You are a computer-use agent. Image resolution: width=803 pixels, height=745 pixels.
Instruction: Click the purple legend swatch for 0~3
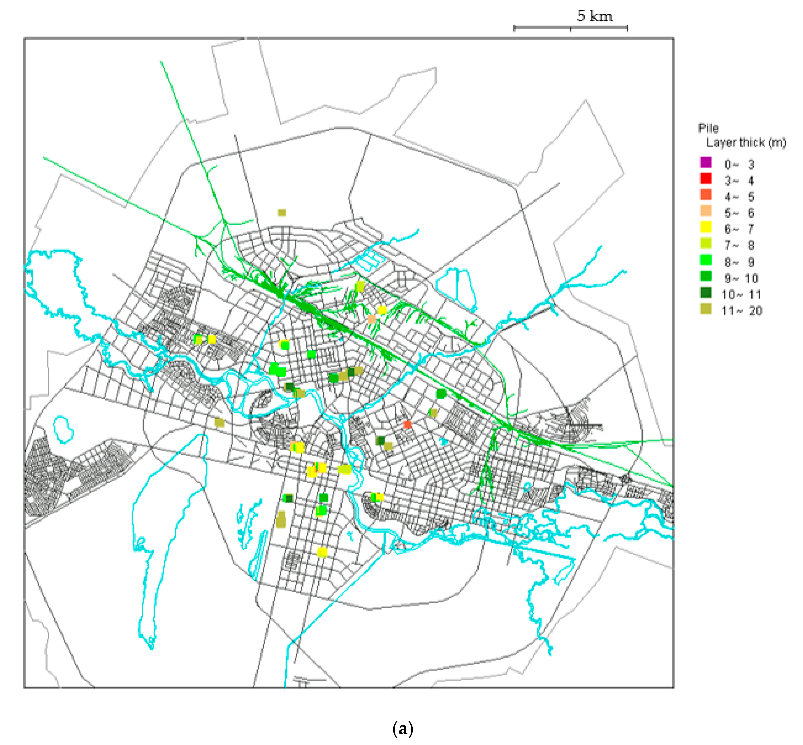click(705, 163)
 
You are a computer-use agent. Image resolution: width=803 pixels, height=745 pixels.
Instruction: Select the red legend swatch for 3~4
click(705, 179)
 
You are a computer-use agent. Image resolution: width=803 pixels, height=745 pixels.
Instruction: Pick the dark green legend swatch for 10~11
click(705, 293)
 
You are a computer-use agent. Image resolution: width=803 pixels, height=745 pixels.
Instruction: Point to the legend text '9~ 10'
click(741, 278)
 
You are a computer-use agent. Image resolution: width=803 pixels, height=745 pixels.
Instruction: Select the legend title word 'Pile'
click(708, 128)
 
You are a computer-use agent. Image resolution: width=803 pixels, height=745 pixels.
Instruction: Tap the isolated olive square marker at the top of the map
click(282, 212)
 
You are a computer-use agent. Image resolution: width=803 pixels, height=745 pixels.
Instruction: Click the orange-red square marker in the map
click(407, 424)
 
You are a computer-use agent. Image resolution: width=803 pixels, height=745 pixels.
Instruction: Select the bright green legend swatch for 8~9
click(705, 260)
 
